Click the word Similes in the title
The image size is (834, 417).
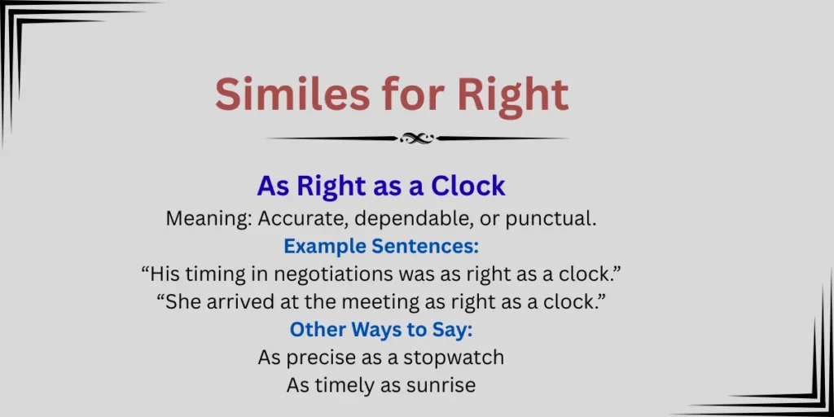click(292, 94)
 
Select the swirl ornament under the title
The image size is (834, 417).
click(417, 138)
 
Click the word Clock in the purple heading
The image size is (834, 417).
click(468, 186)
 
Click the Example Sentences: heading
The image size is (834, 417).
click(381, 246)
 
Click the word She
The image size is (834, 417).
click(180, 302)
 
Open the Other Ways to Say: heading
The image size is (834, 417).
click(381, 329)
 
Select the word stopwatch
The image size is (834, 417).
click(454, 357)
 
